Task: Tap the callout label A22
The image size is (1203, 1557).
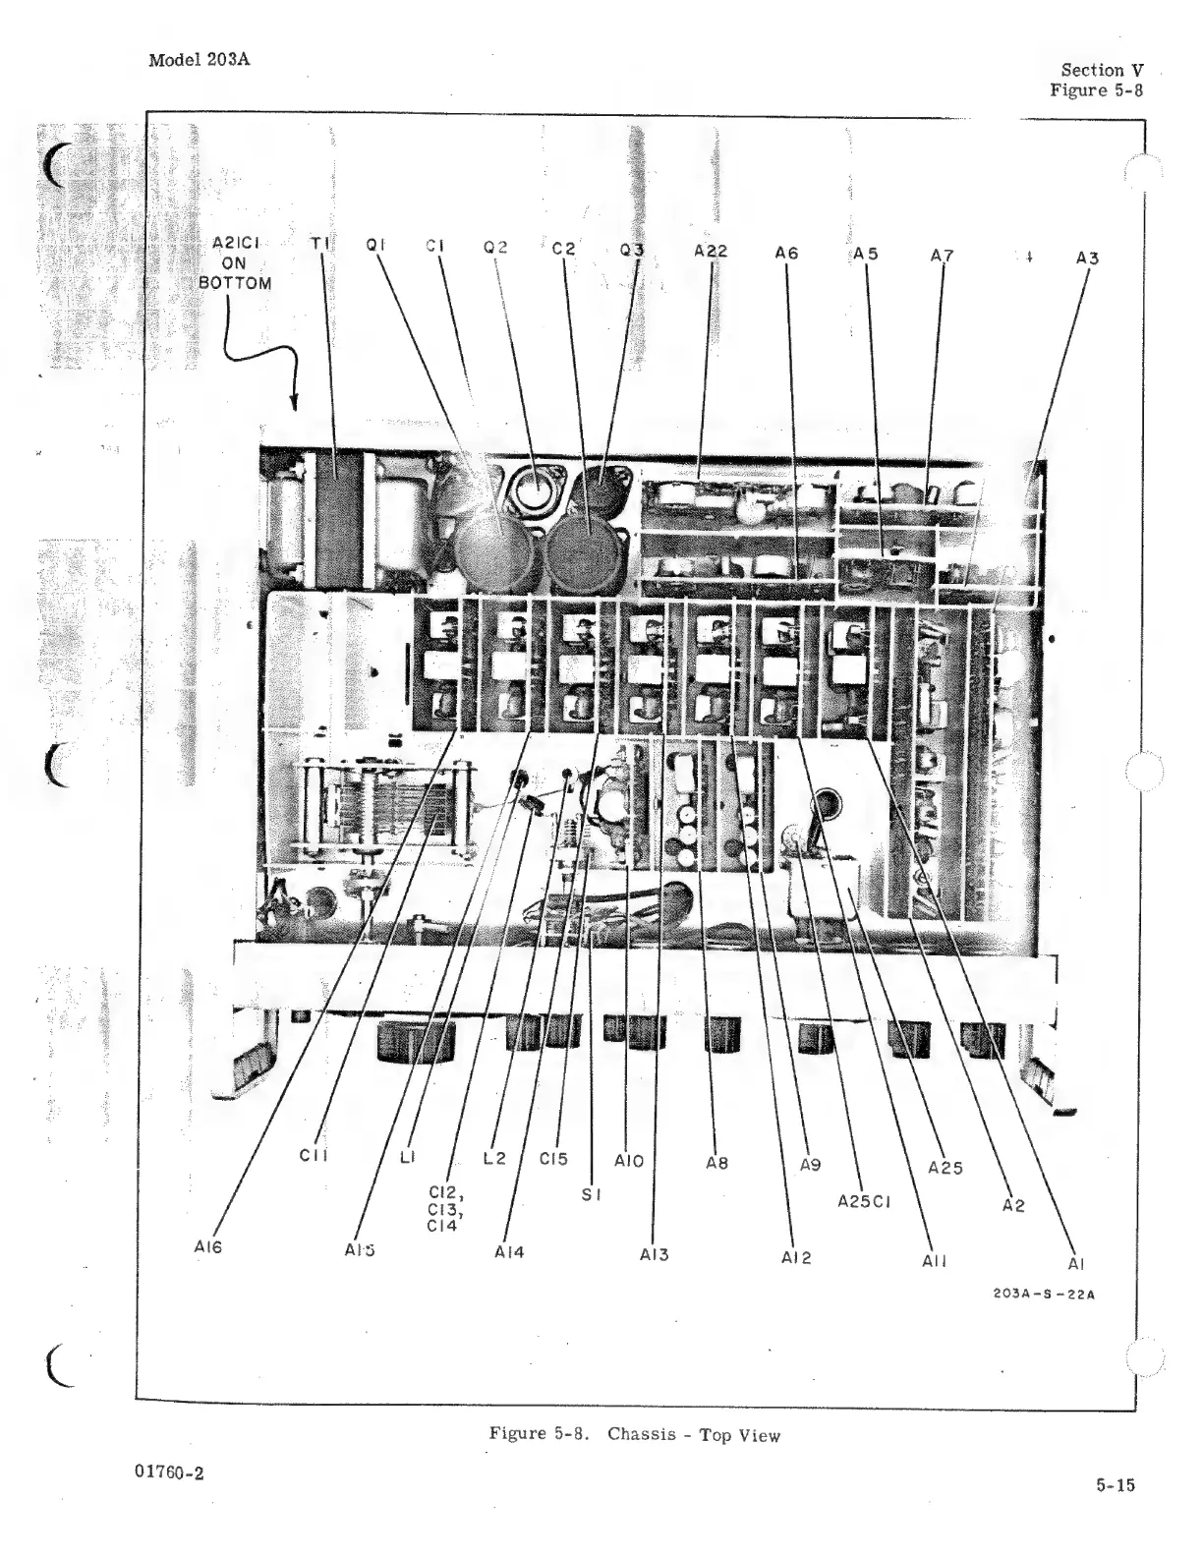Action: [x=711, y=251]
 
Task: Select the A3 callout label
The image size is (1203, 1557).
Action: [x=1087, y=259]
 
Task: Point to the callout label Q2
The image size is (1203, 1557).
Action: [x=495, y=247]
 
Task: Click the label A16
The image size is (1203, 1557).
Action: [x=207, y=1247]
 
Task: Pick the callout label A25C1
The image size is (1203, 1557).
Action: [x=864, y=1201]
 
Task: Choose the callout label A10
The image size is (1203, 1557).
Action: [x=629, y=1161]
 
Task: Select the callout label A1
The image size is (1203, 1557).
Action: [x=1076, y=1264]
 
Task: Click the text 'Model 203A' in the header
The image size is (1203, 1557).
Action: [x=199, y=59]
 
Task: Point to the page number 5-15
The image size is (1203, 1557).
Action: [x=1116, y=1485]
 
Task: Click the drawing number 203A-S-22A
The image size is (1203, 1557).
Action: [x=1045, y=1294]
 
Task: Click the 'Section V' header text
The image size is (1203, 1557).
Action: [x=1102, y=70]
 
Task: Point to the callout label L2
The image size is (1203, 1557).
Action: [x=494, y=1159]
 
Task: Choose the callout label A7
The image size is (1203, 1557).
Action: [x=942, y=257]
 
